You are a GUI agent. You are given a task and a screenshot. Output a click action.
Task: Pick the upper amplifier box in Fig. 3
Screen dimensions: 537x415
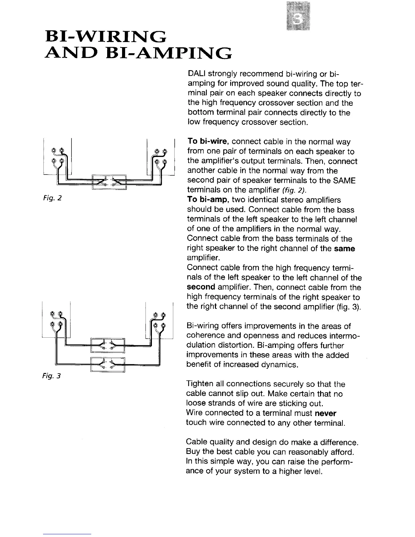(x=108, y=345)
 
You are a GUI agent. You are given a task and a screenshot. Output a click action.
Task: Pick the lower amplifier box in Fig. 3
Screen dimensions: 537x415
(x=108, y=364)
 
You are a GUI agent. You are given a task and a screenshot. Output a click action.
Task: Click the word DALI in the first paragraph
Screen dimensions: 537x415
(x=196, y=74)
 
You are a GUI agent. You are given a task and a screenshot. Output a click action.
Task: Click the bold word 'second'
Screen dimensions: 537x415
(x=201, y=287)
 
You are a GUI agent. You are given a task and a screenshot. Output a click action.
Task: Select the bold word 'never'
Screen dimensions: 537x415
(x=325, y=413)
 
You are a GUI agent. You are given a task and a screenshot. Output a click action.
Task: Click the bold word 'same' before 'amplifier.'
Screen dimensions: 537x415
(x=344, y=248)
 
